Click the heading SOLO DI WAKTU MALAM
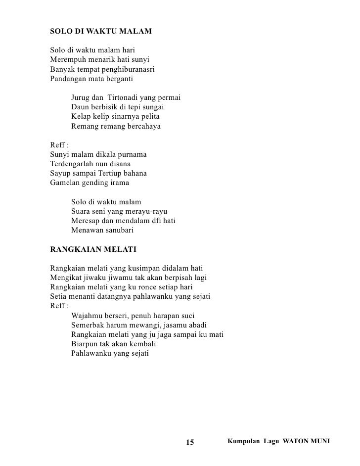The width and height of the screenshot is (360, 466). [x=101, y=32]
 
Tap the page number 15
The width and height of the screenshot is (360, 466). [x=191, y=441]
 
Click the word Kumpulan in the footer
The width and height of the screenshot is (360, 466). [x=242, y=440]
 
